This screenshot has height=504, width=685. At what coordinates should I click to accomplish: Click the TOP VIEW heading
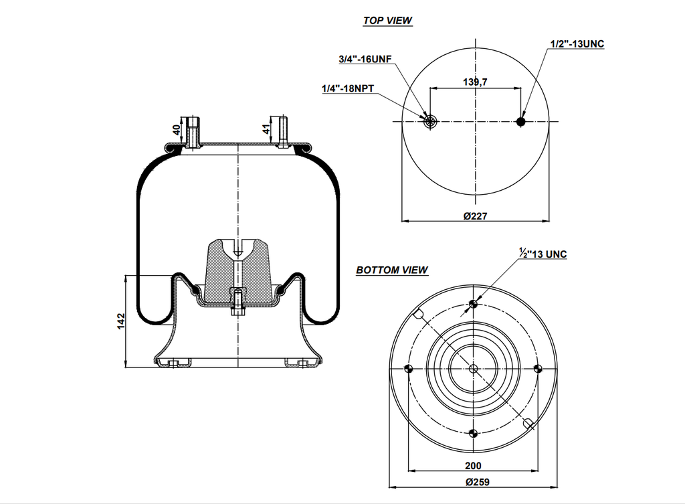[387, 21]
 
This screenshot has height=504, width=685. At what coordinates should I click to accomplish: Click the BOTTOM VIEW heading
[392, 270]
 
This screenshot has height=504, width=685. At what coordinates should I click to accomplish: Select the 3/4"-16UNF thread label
[365, 60]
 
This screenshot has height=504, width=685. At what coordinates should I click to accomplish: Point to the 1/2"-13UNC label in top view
[577, 44]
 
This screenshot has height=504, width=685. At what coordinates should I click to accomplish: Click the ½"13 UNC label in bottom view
[543, 254]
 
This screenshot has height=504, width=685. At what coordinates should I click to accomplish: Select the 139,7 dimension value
[475, 82]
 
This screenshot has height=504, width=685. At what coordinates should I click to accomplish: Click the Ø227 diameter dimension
[475, 216]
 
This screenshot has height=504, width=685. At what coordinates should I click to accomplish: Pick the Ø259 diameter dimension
[474, 482]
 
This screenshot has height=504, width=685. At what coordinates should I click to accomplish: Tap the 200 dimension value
[474, 466]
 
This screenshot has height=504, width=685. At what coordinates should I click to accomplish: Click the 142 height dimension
[121, 321]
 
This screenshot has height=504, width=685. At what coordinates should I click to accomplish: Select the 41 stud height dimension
[267, 129]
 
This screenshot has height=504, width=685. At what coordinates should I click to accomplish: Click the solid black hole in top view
[522, 121]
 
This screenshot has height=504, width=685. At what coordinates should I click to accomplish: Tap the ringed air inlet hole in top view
[429, 121]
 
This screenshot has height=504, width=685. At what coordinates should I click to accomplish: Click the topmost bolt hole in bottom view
[474, 305]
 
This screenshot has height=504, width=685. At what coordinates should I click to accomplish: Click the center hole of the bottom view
[474, 369]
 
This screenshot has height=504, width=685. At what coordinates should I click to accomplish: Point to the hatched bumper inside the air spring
[237, 271]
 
